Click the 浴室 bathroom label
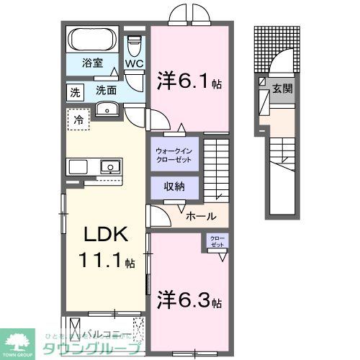[91, 62]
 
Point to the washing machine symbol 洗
[76, 91]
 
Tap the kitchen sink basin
[109, 167]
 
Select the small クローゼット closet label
[216, 242]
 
